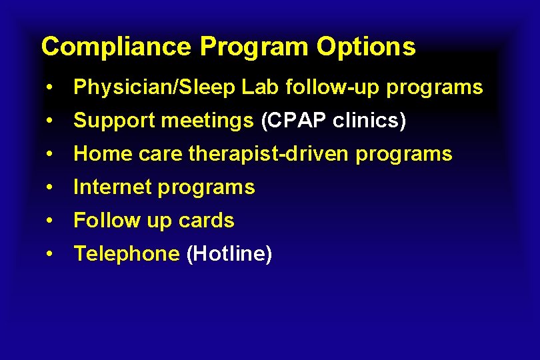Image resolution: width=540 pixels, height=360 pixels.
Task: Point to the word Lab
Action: [x=248, y=87]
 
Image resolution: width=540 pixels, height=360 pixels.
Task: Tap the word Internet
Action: [x=112, y=187]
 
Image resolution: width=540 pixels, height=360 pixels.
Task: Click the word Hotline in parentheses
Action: [x=229, y=254]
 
